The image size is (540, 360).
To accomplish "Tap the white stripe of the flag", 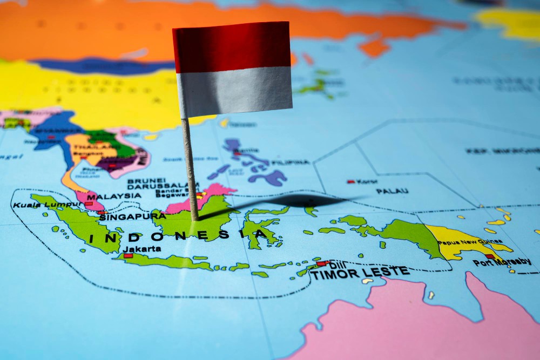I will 235,90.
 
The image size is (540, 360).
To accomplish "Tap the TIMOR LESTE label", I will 359,273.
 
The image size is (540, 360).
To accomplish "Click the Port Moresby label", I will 502,263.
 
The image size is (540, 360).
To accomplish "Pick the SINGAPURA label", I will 132,216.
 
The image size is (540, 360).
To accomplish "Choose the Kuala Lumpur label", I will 41,205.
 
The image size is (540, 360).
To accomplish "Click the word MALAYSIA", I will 113,196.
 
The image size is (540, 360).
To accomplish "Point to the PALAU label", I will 392,191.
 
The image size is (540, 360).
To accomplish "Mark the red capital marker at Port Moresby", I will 490,256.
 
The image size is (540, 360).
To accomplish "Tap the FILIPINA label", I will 291,162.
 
